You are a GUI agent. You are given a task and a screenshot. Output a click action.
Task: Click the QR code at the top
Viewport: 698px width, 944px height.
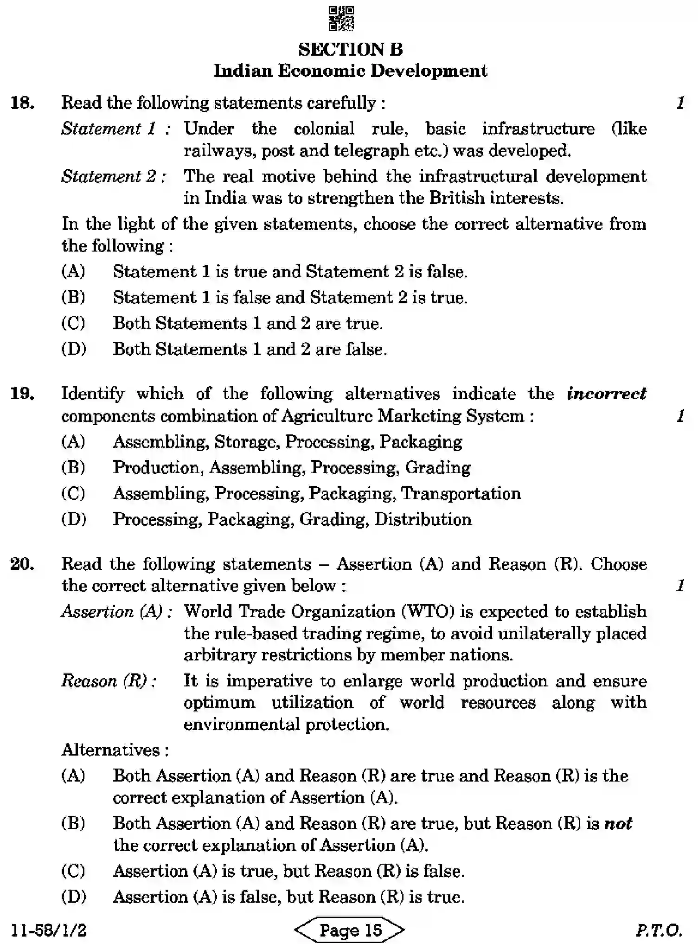341,19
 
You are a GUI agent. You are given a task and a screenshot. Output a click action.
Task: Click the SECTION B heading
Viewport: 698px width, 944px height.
350,49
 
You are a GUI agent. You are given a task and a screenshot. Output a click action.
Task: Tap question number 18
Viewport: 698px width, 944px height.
22,103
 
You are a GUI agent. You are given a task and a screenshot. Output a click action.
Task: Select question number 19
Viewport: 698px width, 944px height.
22,394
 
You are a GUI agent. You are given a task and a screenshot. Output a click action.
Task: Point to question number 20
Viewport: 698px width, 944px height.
22,564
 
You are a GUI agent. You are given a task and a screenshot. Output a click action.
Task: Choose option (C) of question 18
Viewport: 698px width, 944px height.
73,323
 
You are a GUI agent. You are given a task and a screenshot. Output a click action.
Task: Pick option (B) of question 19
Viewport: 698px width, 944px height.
73,467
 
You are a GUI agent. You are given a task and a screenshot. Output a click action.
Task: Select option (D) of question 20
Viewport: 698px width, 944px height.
73,896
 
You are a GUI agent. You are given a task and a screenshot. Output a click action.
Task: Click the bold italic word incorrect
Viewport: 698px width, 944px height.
606,394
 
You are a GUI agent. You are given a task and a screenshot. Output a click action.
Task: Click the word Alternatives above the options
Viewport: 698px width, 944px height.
111,750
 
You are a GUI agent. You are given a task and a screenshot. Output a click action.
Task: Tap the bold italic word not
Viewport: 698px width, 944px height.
618,823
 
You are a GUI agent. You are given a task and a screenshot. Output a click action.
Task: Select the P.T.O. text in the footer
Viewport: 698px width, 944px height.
659,930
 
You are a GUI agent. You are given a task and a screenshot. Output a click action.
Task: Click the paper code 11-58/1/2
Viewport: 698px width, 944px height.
49,930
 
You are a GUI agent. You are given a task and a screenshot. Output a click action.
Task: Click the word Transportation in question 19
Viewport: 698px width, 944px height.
461,493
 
